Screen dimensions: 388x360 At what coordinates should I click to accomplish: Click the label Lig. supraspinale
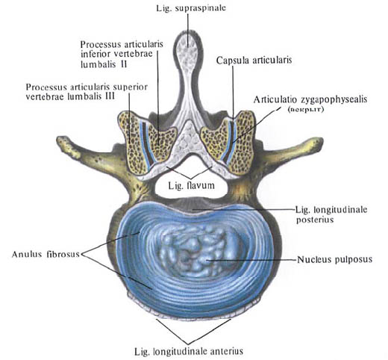191,8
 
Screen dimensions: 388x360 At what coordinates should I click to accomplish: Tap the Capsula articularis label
254,60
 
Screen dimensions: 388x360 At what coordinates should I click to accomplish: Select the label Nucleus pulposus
335,260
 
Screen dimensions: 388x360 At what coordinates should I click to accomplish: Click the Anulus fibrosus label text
46,254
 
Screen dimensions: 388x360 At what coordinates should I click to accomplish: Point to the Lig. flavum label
191,185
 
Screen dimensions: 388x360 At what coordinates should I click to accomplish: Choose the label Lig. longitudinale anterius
189,352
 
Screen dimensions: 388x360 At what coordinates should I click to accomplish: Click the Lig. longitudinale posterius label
331,214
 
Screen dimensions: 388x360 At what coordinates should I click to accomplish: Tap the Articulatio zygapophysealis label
310,99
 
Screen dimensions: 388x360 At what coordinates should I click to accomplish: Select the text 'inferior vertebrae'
116,54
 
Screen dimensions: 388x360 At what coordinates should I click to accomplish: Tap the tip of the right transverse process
319,142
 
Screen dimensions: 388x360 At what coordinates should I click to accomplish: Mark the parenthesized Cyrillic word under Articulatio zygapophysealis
305,109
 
